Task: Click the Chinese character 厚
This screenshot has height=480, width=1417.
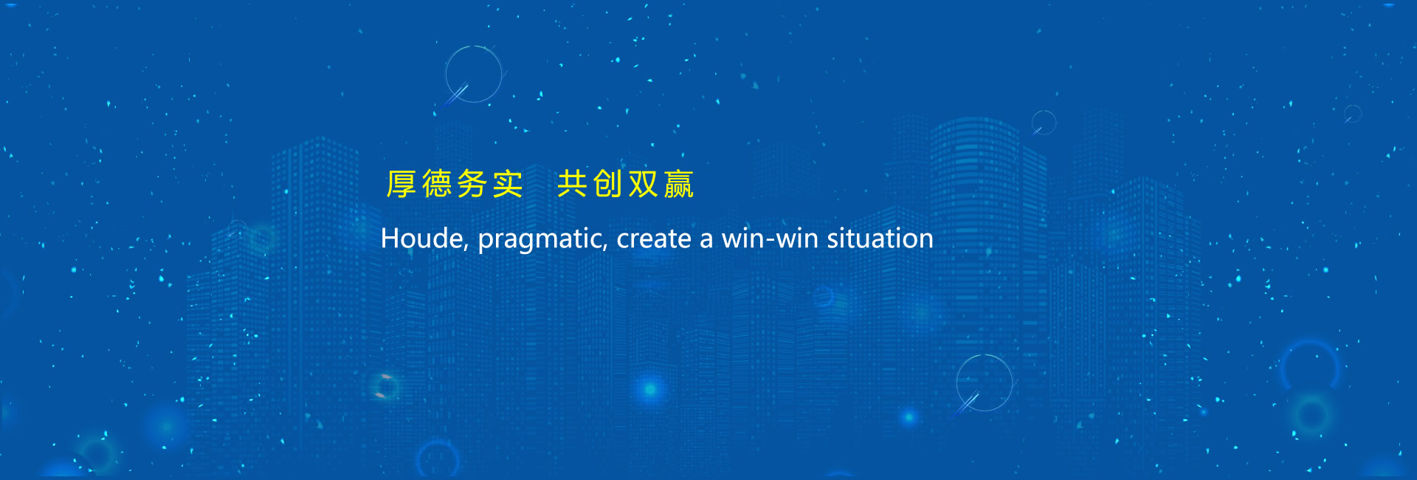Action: [x=401, y=184]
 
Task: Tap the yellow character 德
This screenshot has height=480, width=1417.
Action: [x=437, y=184]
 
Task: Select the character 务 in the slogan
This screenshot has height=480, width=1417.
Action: [x=472, y=184]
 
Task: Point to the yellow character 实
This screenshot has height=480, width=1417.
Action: [x=508, y=184]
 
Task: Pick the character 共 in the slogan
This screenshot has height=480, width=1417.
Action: [x=572, y=184]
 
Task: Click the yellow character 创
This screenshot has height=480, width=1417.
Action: [x=608, y=184]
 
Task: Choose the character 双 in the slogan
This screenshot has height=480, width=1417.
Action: [x=644, y=184]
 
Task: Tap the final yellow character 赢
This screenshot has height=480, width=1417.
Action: [x=679, y=184]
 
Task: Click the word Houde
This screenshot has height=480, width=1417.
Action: [x=422, y=239]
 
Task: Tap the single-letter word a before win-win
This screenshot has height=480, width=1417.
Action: [x=707, y=241]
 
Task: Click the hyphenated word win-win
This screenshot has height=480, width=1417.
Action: [x=770, y=239]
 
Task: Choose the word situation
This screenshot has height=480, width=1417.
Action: [x=880, y=239]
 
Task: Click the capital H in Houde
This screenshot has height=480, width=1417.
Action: [x=390, y=239]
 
